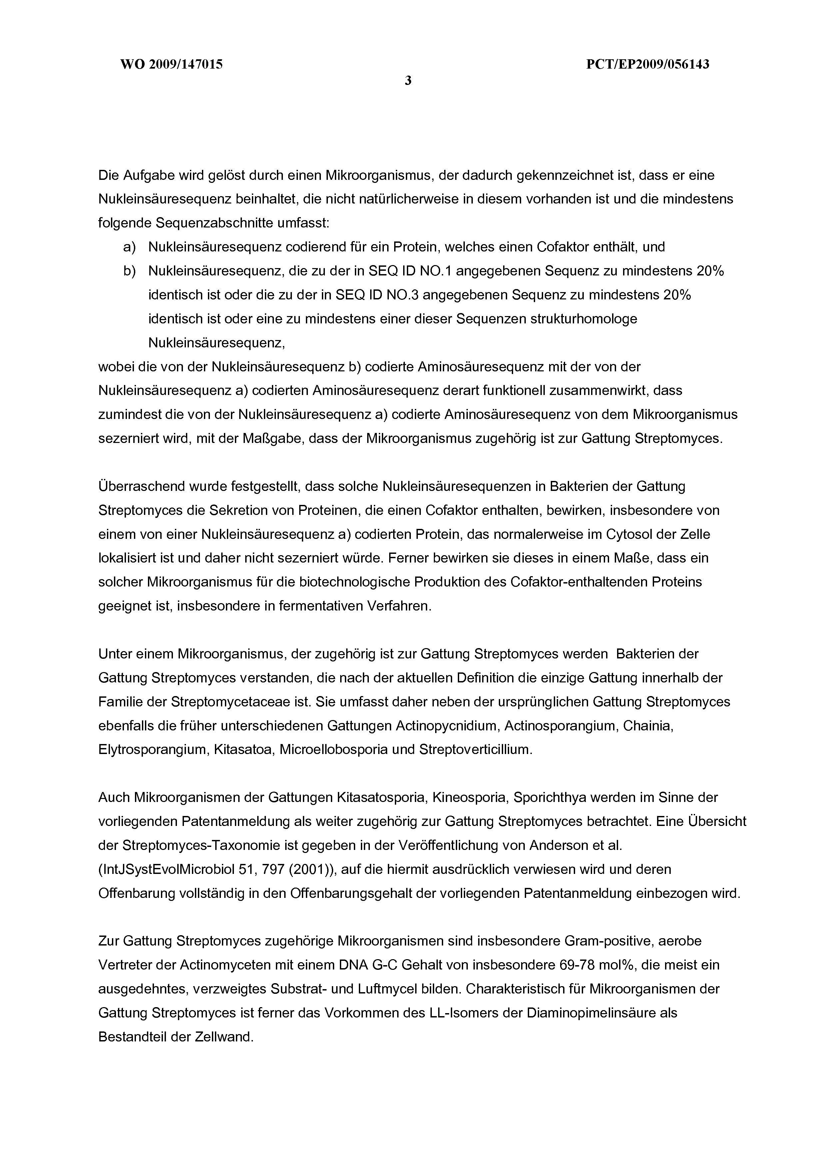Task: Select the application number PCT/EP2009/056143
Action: [x=647, y=64]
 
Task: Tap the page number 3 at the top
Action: [x=408, y=81]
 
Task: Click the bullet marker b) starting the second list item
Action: [x=130, y=271]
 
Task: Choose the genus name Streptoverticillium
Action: [x=475, y=750]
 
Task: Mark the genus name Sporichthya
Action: [x=550, y=798]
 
